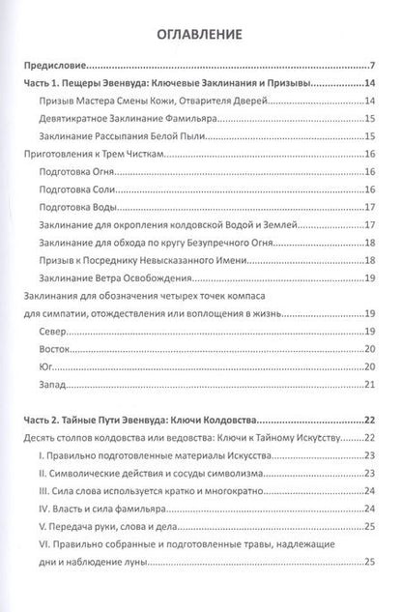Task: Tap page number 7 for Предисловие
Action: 372,66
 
